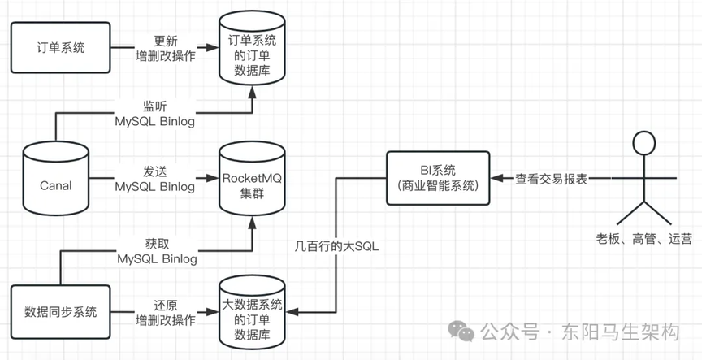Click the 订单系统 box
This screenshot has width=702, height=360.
(x=61, y=47)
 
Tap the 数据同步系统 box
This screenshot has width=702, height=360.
(x=61, y=311)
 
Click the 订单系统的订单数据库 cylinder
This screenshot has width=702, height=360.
(x=253, y=53)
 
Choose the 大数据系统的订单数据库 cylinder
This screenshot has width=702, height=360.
(x=253, y=313)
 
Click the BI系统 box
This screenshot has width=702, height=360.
(x=438, y=177)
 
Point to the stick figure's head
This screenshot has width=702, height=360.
(x=643, y=143)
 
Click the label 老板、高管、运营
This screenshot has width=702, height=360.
(x=643, y=238)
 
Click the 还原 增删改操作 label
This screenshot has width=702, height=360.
(x=164, y=311)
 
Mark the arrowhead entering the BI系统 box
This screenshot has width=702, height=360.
(x=496, y=177)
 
